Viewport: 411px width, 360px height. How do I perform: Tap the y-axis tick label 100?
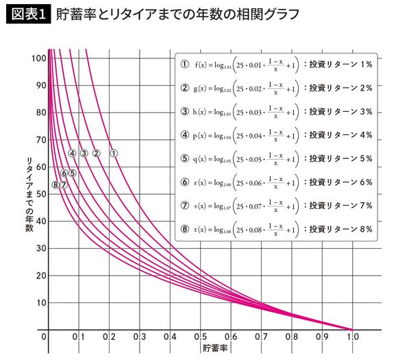[x=37, y=58]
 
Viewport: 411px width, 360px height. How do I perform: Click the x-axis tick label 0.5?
[x=200, y=338]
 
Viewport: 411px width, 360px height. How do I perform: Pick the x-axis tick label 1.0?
[x=353, y=338]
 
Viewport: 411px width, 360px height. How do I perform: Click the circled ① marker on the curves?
[x=114, y=153]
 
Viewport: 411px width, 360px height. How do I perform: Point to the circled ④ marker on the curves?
[x=72, y=153]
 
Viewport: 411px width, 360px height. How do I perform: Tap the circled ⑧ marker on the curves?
[x=55, y=184]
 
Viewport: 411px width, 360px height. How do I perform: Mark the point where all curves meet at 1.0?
[x=353, y=330]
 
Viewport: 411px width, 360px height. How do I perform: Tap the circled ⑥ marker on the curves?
[x=64, y=173]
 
